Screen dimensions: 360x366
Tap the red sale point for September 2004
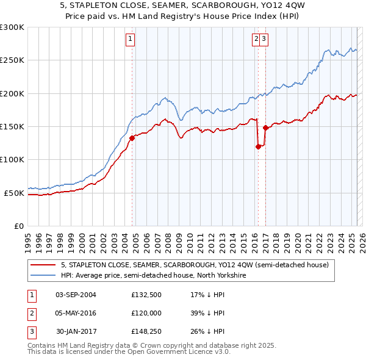[x=132, y=138]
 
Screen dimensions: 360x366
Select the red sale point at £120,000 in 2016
[x=258, y=146]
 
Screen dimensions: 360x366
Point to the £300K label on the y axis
[x=12, y=27]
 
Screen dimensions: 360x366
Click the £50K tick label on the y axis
[x=14, y=193]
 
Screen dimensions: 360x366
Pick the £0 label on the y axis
[x=19, y=226]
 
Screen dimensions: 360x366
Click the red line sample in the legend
[x=43, y=265]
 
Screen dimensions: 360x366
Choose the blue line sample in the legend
[x=43, y=275]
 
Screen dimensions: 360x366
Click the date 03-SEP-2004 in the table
[x=76, y=295]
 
